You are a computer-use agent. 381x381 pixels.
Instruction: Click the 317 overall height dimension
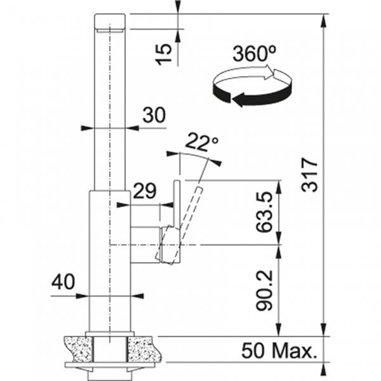coord(309,175)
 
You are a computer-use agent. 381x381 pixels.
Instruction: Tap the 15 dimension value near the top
coord(164,54)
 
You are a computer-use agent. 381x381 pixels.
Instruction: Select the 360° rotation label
coord(254,53)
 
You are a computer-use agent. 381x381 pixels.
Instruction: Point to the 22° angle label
coord(202,142)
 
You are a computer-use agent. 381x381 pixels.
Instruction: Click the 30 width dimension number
coord(154,115)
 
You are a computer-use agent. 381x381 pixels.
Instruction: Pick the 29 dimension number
coord(145,190)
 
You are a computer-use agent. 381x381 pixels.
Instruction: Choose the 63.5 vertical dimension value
coord(265,211)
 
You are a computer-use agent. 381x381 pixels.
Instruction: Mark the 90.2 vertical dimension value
coord(265,290)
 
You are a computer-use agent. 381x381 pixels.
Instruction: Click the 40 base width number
coord(63,281)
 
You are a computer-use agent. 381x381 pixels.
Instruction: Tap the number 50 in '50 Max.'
coord(253,351)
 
